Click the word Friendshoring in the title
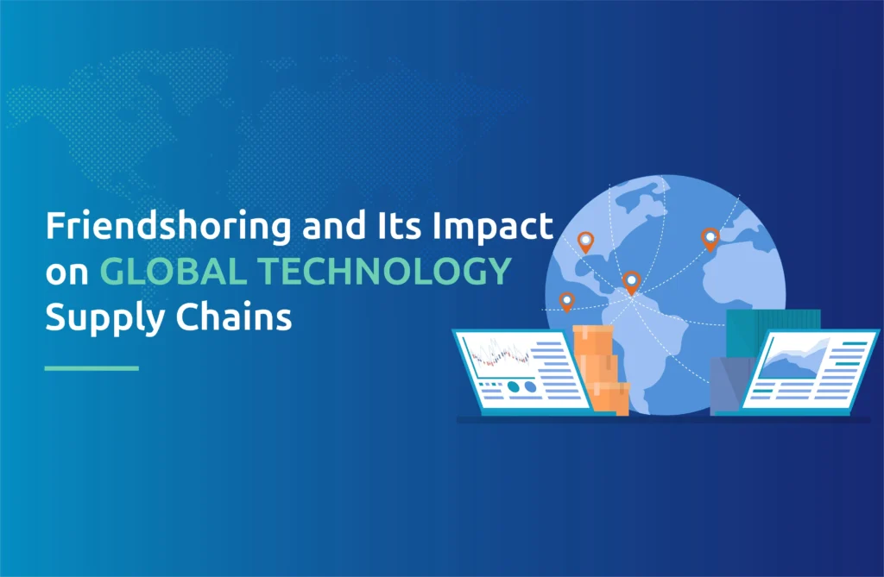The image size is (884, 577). (x=168, y=227)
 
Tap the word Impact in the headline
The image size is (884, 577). (x=492, y=227)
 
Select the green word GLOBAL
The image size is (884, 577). (x=173, y=271)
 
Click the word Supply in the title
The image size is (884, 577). (x=105, y=318)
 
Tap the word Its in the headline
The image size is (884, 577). (x=398, y=225)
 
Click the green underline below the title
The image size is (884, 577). (x=92, y=368)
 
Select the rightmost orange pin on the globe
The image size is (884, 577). (x=710, y=239)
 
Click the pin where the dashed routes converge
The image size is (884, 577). (x=631, y=282)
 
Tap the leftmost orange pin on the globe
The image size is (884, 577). (x=566, y=302)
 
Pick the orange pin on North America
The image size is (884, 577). (x=586, y=242)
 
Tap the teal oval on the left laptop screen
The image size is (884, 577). (x=514, y=386)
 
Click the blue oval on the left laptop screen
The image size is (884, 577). (x=531, y=386)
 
